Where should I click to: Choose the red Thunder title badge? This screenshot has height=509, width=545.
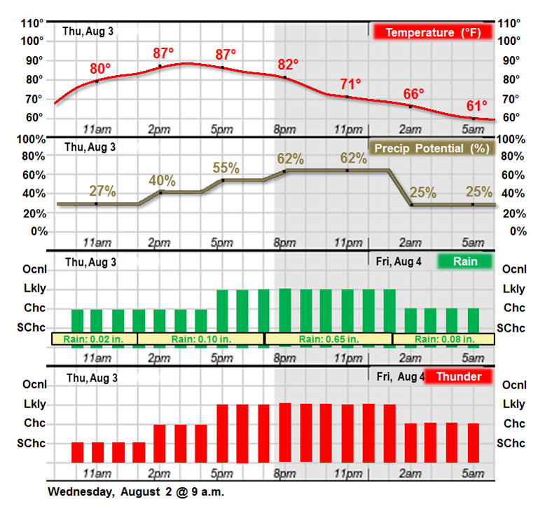[458, 376]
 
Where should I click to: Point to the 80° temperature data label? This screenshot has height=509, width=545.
[100, 69]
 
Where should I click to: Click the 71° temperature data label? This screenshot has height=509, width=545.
[350, 84]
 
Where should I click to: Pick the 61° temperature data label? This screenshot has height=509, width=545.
[476, 106]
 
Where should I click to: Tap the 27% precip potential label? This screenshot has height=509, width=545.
[102, 191]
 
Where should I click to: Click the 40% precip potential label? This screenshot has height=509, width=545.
[163, 180]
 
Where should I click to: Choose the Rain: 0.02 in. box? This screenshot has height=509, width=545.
[94, 339]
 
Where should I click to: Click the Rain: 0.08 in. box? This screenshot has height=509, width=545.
[444, 339]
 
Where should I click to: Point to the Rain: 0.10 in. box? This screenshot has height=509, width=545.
[200, 339]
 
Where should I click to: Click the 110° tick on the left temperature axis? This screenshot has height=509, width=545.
[32, 23]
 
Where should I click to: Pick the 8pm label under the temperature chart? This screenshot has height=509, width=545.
[284, 128]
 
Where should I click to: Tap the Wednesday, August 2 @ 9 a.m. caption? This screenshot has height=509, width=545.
[136, 491]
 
